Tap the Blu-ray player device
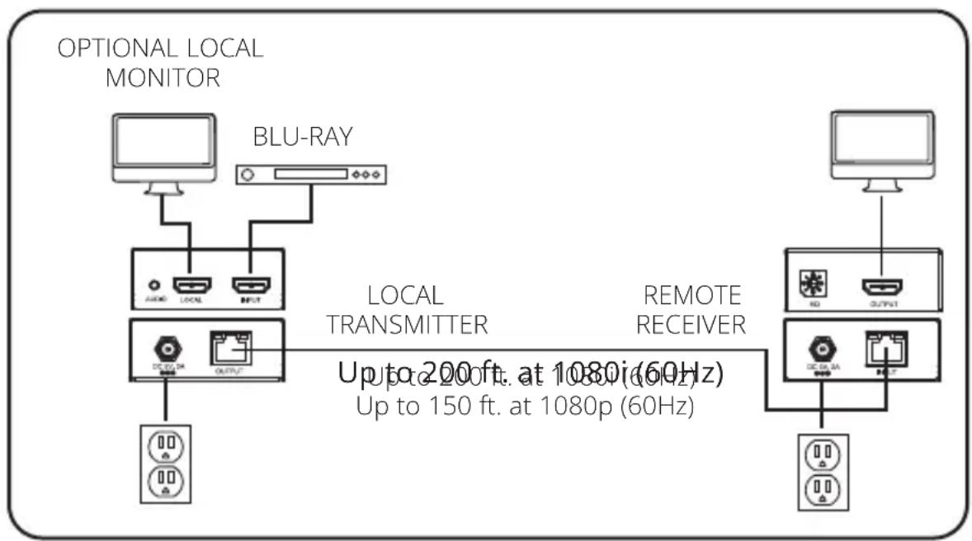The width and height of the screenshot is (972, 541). coord(311,175)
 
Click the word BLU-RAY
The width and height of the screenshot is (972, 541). coord(303,137)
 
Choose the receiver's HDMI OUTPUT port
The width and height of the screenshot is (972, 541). coord(881,288)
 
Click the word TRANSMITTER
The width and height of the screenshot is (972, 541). coord(407,325)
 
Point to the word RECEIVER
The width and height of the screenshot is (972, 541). coord(691,325)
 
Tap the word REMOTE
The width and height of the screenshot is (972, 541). coord(691,295)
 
